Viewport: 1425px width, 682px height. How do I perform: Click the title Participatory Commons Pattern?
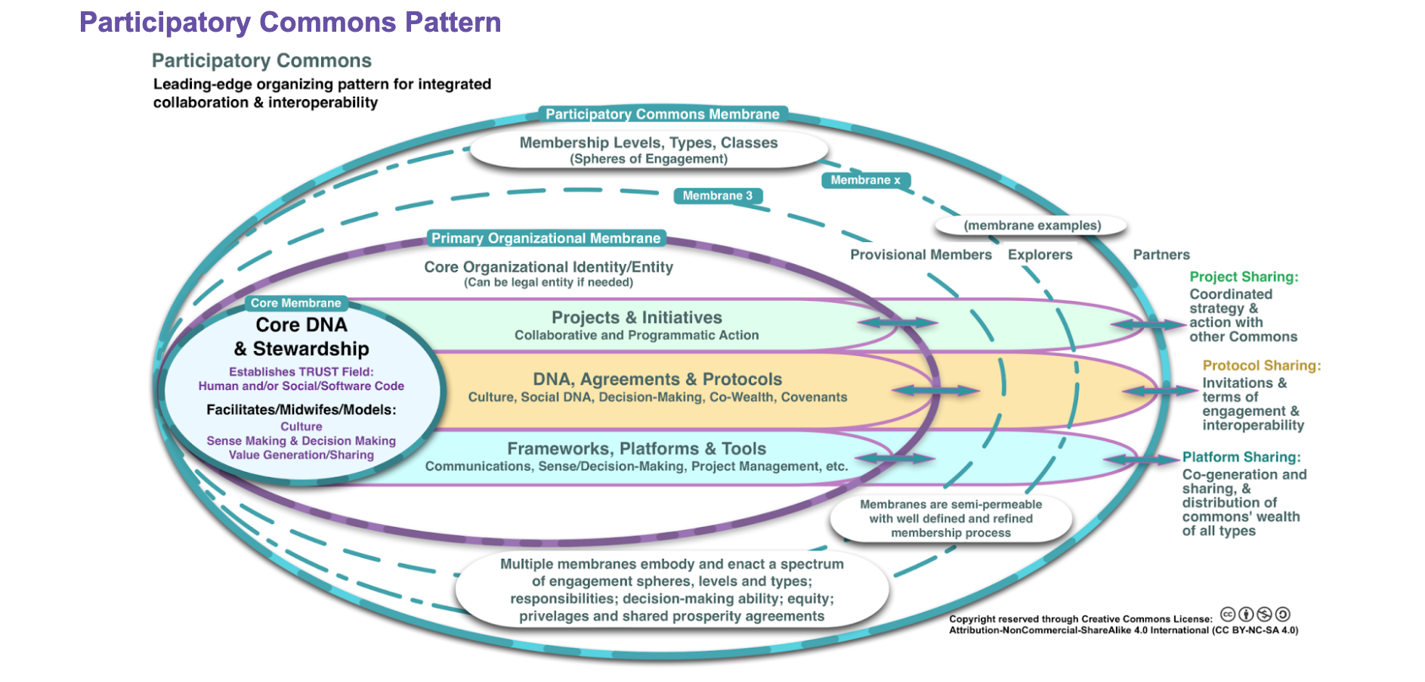(290, 23)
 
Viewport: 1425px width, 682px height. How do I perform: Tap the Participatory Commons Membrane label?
(662, 114)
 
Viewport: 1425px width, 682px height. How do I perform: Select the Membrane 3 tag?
(717, 196)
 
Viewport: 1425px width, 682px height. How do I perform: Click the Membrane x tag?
(865, 180)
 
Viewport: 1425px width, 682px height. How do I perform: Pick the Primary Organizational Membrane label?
(546, 238)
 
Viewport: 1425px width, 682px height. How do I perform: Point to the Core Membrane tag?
(295, 303)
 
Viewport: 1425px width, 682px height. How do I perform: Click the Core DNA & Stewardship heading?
(301, 336)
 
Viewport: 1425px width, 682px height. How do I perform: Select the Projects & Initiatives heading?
(636, 318)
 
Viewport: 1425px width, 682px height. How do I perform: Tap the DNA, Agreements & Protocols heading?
(657, 380)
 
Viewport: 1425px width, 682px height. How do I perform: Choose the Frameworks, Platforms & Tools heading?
(636, 449)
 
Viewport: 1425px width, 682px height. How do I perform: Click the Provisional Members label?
(920, 255)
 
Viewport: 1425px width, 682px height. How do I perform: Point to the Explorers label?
(1040, 255)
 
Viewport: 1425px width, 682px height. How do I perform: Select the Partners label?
(1161, 255)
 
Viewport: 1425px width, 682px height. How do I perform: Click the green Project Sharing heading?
(1244, 277)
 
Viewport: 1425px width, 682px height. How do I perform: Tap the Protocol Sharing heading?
(1261, 366)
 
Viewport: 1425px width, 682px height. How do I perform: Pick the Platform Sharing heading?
(1241, 457)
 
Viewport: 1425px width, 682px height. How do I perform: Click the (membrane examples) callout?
(1032, 225)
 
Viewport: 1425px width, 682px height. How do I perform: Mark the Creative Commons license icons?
(1255, 615)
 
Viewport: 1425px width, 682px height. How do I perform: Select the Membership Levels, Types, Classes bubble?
(648, 150)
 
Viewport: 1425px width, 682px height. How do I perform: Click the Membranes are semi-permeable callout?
(951, 519)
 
